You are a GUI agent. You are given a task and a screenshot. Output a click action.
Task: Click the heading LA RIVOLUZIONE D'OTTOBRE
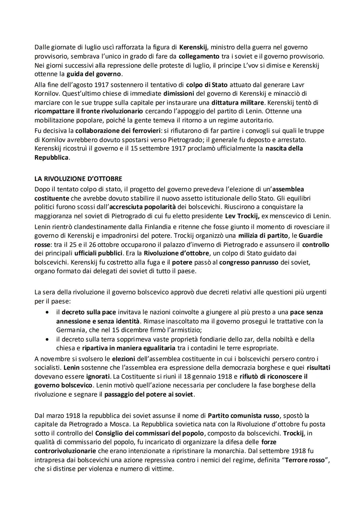pos(78,179)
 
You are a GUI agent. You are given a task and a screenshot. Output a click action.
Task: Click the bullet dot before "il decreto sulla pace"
pos(48,312)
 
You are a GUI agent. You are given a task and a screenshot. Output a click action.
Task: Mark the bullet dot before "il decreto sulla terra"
pos(48,339)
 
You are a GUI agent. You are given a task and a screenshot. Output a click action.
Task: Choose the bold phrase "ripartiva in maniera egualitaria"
pos(128,348)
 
